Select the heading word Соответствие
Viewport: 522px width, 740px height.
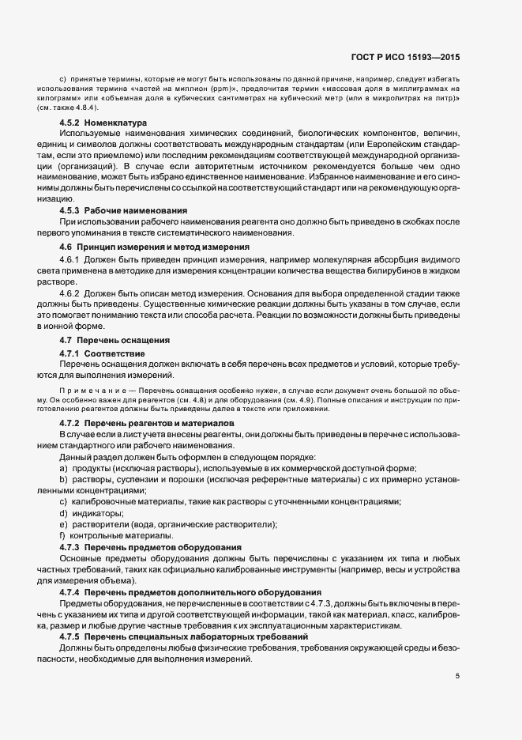pos(115,352)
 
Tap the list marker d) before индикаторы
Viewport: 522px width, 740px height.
pos(62,513)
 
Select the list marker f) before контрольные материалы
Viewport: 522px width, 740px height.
pos(62,535)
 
